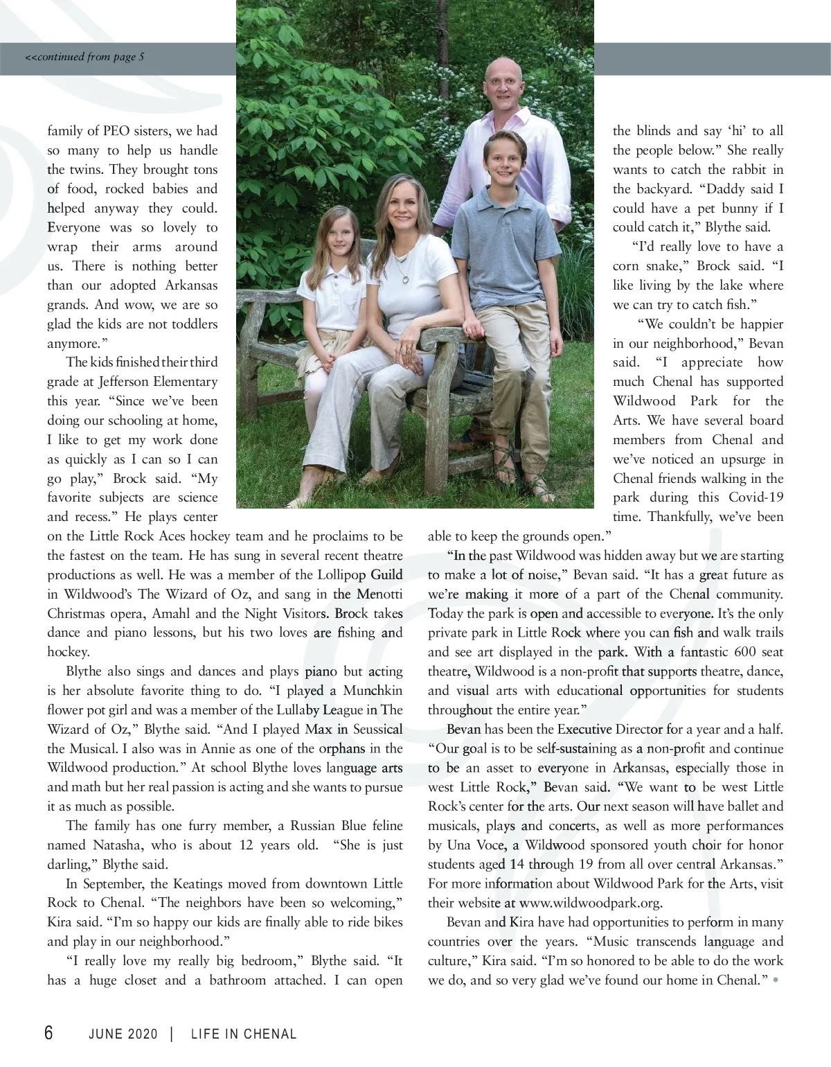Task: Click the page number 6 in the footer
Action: pyautogui.click(x=48, y=1033)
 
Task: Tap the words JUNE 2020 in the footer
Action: pyautogui.click(x=123, y=1034)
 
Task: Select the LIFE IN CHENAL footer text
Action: pyautogui.click(x=244, y=1034)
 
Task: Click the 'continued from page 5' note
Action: pyautogui.click(x=85, y=57)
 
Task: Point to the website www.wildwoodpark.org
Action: pyautogui.click(x=591, y=903)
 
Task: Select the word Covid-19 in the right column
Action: pyautogui.click(x=756, y=497)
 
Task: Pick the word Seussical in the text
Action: pyautogui.click(x=377, y=730)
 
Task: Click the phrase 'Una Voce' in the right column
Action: pyautogui.click(x=472, y=845)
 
